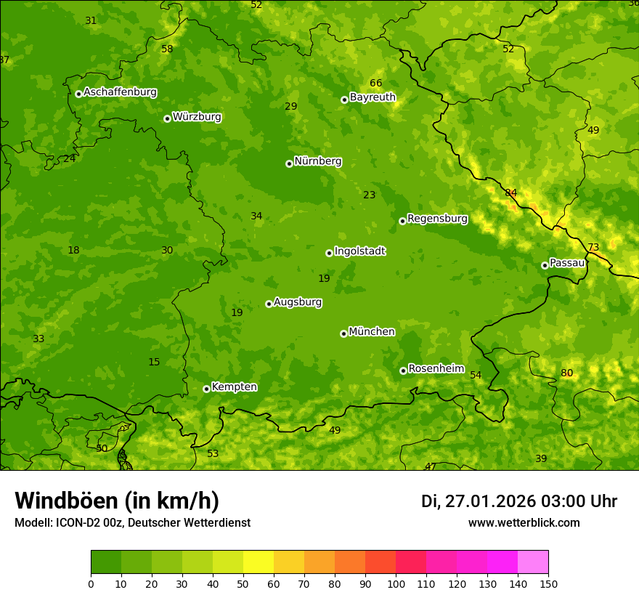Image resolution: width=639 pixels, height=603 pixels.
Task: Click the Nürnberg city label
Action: (x=317, y=161)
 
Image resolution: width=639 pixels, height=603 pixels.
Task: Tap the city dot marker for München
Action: (x=343, y=333)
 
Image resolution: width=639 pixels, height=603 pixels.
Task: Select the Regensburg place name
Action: (x=437, y=219)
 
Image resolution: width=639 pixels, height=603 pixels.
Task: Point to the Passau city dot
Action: (x=545, y=265)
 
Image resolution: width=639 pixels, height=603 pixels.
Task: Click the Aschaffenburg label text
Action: (x=120, y=92)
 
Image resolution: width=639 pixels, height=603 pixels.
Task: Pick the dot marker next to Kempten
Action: (x=206, y=389)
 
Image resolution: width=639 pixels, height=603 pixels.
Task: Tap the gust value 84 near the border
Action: (x=511, y=193)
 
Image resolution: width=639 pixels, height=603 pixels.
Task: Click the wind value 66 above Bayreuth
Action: (x=375, y=83)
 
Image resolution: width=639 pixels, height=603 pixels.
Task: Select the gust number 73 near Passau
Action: (x=593, y=247)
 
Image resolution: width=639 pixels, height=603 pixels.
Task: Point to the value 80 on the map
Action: (x=566, y=373)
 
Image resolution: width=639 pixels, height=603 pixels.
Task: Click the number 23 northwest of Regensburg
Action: (x=370, y=195)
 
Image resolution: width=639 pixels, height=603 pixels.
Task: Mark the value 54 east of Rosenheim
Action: (x=476, y=375)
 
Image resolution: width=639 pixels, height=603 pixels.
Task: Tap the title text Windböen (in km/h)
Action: (x=117, y=501)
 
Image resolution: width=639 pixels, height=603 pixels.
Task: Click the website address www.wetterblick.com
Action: (x=524, y=522)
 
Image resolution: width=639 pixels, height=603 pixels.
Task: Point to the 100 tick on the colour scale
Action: (x=396, y=583)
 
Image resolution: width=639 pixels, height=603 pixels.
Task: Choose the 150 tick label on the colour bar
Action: (x=548, y=583)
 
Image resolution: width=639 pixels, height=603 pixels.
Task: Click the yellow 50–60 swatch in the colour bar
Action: (x=259, y=562)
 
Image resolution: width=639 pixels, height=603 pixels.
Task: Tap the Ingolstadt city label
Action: (x=359, y=251)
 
